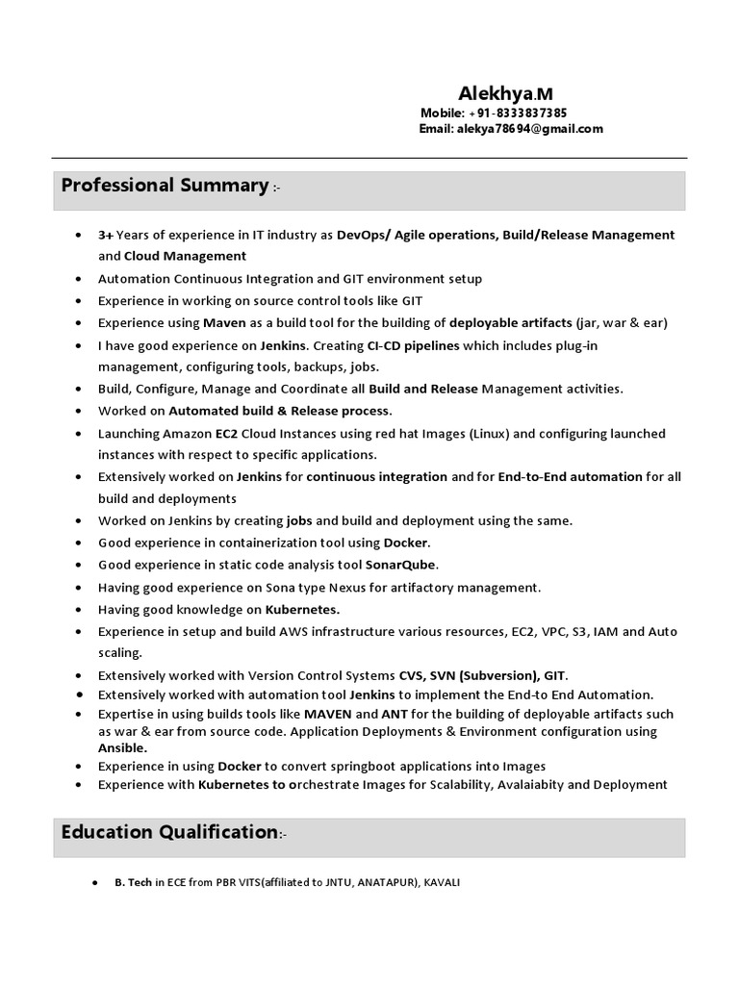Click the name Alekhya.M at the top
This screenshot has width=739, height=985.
[x=505, y=93]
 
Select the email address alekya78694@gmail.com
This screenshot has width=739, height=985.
[x=530, y=129]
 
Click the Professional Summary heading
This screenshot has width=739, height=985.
[x=164, y=185]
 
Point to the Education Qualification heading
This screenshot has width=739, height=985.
[x=169, y=832]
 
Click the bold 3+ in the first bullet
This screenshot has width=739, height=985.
[x=106, y=235]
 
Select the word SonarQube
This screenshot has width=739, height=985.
[x=401, y=565]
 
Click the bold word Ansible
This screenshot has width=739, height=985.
[x=122, y=747]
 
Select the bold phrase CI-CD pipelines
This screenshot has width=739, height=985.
[x=413, y=344]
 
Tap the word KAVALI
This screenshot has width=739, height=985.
[x=442, y=882]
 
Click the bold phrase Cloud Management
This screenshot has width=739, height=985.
[x=185, y=256]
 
